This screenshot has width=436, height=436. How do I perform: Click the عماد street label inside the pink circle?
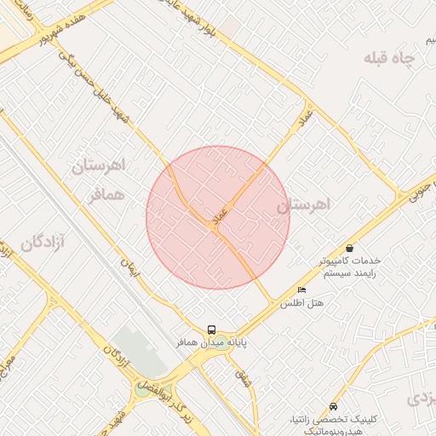tap(220, 215)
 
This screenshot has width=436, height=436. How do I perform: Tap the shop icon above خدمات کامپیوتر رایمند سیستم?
tap(350, 248)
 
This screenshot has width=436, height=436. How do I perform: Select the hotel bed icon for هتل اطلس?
tap(301, 290)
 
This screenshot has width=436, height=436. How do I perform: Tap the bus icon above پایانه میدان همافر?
tap(211, 330)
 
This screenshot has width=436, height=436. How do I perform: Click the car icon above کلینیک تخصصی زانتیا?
tap(332, 407)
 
